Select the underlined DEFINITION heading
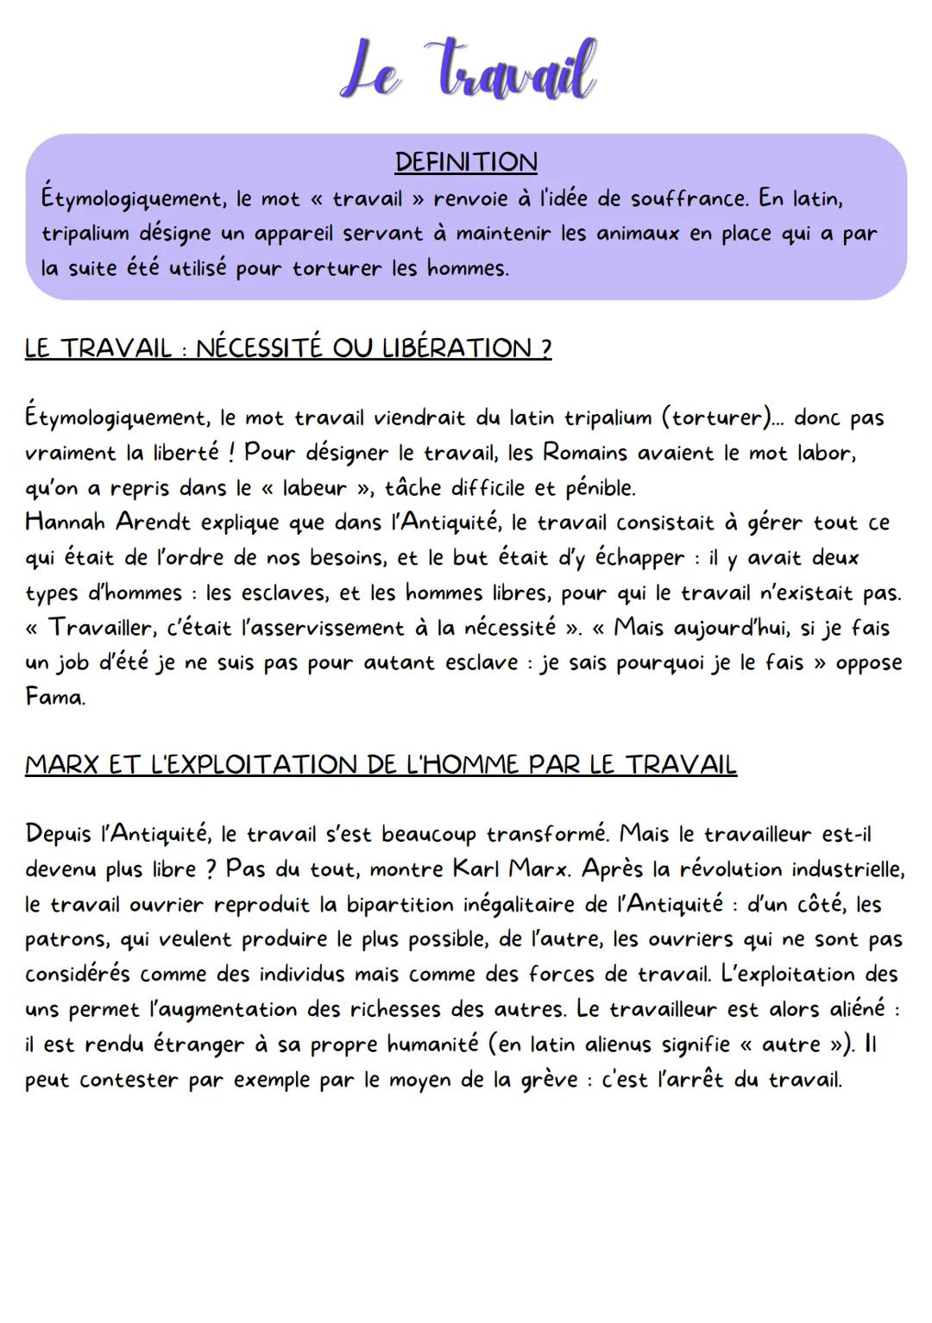(x=466, y=162)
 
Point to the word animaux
(x=633, y=234)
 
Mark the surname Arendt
(x=154, y=523)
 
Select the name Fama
(x=54, y=697)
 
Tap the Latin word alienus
(x=618, y=1045)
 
